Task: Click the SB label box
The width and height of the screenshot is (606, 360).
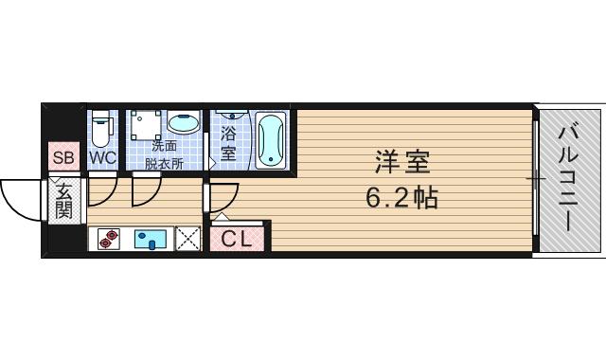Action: click(64, 158)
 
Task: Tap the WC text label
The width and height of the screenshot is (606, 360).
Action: click(102, 158)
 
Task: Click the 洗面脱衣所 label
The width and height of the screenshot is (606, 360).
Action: click(164, 153)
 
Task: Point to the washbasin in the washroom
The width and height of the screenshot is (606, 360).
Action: click(184, 124)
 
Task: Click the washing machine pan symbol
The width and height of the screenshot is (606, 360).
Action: click(146, 125)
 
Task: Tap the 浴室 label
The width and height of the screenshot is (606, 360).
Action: click(228, 141)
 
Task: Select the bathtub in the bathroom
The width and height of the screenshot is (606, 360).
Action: click(271, 140)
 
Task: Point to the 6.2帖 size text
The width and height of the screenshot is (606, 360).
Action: click(401, 199)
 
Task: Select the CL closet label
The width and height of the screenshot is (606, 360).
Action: click(238, 240)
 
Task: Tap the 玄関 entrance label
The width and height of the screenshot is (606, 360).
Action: click(63, 200)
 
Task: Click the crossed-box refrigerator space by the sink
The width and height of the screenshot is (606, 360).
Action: click(188, 239)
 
